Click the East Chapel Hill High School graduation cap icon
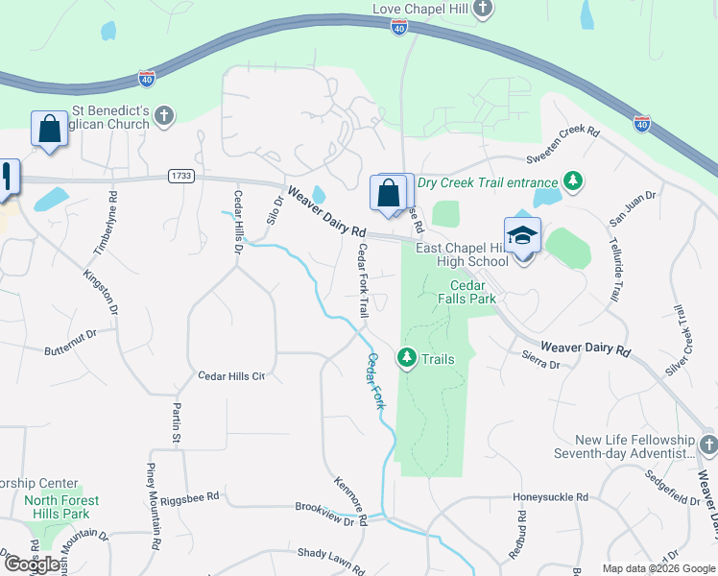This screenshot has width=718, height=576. coord(522,236)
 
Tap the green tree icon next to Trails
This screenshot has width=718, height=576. coord(407,359)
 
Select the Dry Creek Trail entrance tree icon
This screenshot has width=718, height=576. coord(573,181)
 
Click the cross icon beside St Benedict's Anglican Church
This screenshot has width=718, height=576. coord(164,116)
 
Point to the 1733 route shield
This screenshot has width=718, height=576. coord(179,176)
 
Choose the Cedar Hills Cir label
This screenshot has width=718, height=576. coord(230,376)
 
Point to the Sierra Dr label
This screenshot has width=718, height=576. coord(540,359)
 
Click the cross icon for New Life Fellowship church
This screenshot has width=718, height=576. coord(707,445)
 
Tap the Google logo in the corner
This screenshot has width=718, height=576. coord(32,564)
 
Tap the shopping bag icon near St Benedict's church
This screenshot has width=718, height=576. coord(48,129)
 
